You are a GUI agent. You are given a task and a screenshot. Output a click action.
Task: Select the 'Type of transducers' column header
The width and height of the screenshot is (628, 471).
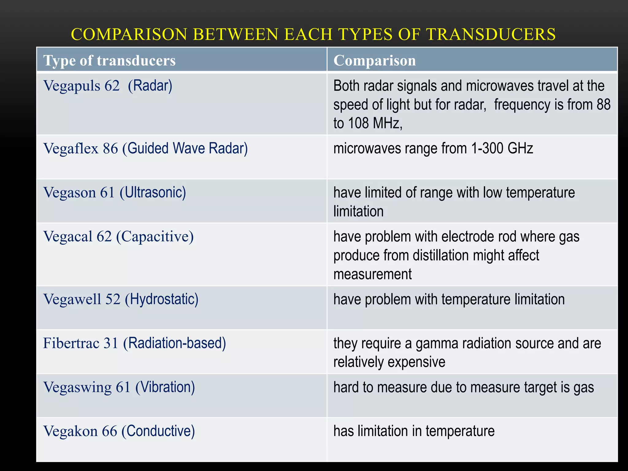tap(109, 60)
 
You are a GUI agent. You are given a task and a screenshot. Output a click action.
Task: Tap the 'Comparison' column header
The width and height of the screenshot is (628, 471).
tap(374, 60)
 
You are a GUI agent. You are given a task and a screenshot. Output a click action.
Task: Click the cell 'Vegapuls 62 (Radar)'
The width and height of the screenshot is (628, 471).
tap(108, 86)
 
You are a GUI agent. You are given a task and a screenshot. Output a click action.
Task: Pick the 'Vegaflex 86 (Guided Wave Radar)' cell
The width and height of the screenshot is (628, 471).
tap(145, 148)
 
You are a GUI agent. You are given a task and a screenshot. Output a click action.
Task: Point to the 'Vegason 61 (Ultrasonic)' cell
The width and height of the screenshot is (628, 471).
tap(115, 193)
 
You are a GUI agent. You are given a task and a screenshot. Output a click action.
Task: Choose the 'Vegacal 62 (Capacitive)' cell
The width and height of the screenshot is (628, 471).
tap(118, 236)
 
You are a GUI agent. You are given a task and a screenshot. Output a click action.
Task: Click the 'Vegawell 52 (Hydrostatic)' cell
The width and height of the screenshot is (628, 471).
tap(121, 299)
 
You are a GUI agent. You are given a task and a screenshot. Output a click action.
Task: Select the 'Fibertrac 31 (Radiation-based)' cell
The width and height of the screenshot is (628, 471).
tap(134, 343)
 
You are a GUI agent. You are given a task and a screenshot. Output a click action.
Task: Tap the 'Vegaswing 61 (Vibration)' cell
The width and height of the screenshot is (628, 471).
tap(119, 387)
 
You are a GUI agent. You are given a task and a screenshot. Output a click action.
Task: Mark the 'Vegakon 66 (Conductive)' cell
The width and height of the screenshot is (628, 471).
tap(119, 431)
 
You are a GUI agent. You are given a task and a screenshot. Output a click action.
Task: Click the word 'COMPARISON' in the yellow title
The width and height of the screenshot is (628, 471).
tap(129, 34)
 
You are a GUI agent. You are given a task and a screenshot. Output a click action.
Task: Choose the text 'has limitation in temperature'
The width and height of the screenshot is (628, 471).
tap(414, 431)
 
